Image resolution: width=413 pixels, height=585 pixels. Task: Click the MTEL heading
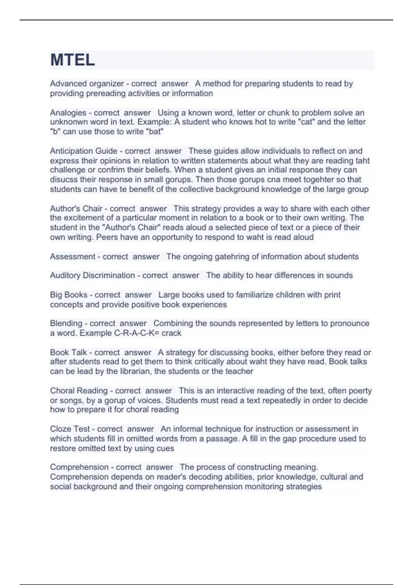coord(73,60)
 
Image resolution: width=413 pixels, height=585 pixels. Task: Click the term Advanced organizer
coord(87,84)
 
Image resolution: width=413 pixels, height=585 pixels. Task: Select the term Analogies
coord(68,113)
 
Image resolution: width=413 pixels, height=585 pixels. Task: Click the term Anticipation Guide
coord(84,151)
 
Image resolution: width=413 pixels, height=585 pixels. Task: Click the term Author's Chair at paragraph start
coord(76,209)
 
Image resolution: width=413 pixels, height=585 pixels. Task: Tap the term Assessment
coord(72,257)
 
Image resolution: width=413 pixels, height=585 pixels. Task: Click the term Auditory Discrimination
coord(92,276)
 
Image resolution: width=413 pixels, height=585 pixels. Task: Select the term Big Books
coord(68,295)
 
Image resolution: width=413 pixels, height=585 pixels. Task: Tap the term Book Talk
coord(68,353)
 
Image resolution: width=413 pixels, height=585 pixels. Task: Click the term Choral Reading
coord(79,391)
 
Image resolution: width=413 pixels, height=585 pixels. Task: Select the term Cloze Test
coord(70,429)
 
